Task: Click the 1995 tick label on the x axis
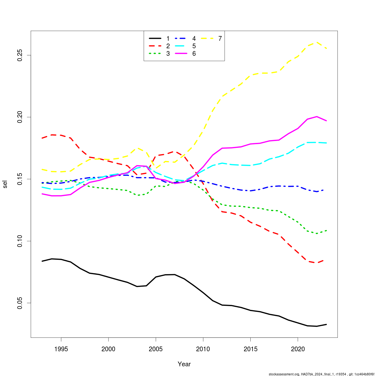pyautogui.click(x=61, y=348)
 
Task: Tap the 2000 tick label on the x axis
pyautogui.click(x=108, y=348)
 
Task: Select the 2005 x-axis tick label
pyautogui.click(x=156, y=348)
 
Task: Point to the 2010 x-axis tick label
pyautogui.click(x=203, y=348)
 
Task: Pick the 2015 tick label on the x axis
pyautogui.click(x=250, y=348)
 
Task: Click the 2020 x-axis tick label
pyautogui.click(x=298, y=348)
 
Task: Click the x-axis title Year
pyautogui.click(x=184, y=364)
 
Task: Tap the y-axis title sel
pyautogui.click(x=5, y=184)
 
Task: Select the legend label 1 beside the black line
pyautogui.click(x=168, y=39)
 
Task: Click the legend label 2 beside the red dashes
pyautogui.click(x=168, y=46)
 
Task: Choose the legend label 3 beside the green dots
pyautogui.click(x=168, y=54)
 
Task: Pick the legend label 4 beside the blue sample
pyautogui.click(x=194, y=39)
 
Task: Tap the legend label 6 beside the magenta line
pyautogui.click(x=194, y=54)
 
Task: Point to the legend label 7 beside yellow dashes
pyautogui.click(x=220, y=39)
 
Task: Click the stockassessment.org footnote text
pyautogui.click(x=321, y=374)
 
